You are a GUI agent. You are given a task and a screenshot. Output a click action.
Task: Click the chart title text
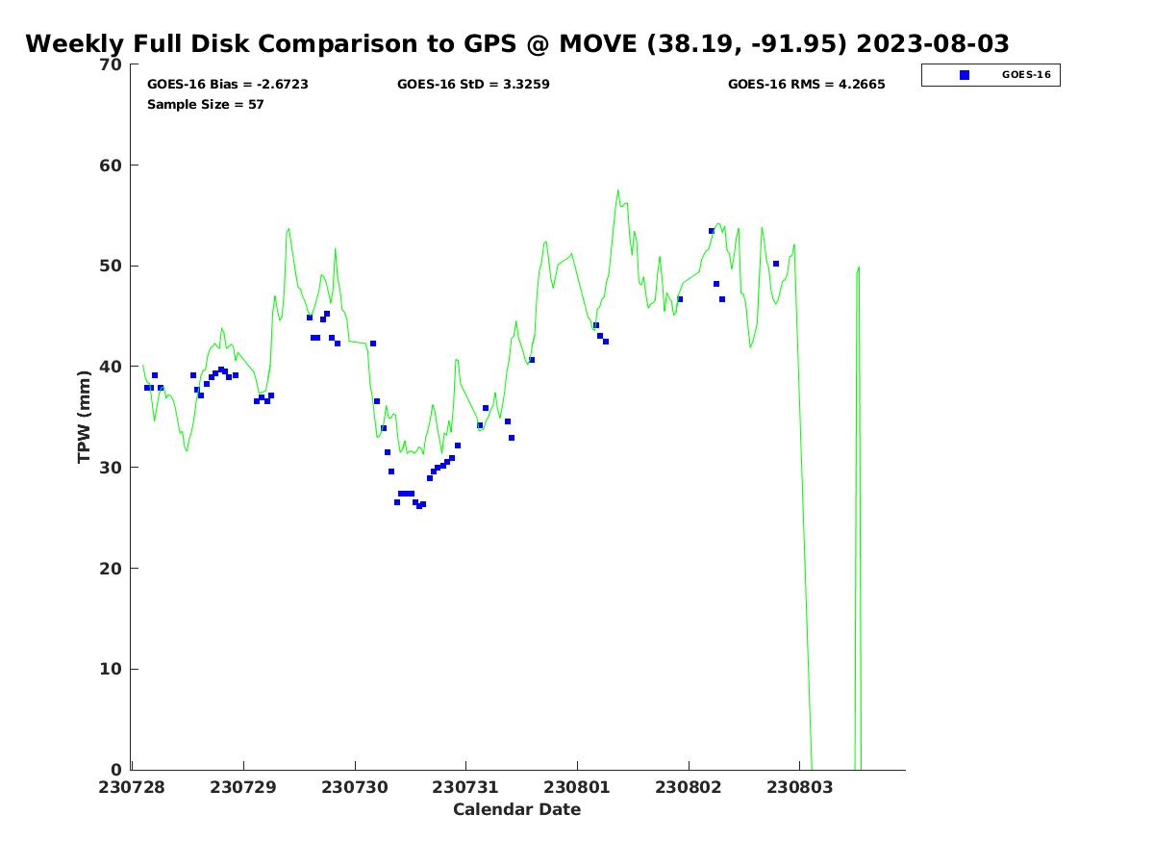(x=517, y=44)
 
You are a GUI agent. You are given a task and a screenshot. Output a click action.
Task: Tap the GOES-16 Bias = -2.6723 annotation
(x=228, y=85)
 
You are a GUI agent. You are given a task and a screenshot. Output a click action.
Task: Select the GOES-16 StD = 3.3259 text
(x=473, y=85)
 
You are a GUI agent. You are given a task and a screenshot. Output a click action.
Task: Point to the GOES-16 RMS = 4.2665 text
(x=806, y=85)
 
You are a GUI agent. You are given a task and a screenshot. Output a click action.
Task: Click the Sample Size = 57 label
(x=205, y=104)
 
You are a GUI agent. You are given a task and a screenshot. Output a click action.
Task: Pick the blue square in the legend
(x=965, y=75)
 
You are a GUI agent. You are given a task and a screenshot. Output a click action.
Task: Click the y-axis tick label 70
(x=112, y=64)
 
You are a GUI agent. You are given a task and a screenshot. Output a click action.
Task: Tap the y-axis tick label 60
(x=112, y=166)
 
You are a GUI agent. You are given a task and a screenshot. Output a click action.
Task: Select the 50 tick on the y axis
(x=112, y=267)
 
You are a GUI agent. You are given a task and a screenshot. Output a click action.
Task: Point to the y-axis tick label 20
(x=112, y=569)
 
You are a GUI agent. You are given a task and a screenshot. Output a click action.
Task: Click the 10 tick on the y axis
(x=112, y=670)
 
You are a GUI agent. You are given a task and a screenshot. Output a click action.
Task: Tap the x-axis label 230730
(x=355, y=787)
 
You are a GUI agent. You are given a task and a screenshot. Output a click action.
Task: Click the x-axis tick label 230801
(x=577, y=787)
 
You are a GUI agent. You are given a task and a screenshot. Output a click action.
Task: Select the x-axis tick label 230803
(x=798, y=787)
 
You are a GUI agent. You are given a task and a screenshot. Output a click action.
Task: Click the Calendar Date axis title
(x=516, y=809)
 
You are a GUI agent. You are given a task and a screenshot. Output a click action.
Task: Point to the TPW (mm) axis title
(x=85, y=417)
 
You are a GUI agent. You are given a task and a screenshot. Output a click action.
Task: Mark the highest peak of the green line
(x=617, y=190)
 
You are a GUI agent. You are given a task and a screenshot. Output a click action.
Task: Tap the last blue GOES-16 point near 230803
(x=776, y=264)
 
